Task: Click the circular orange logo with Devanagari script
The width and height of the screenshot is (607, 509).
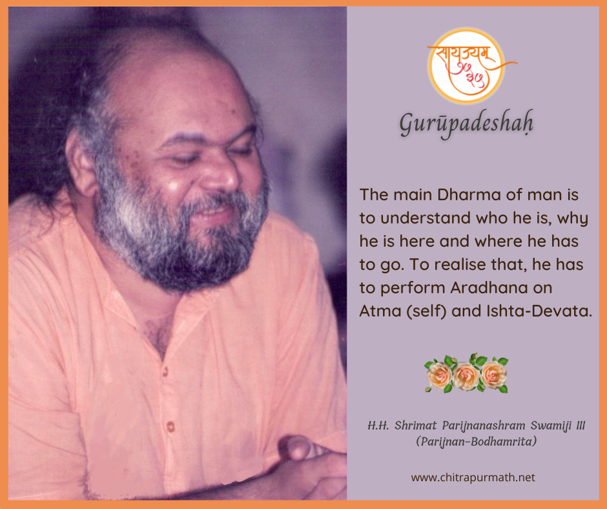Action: click(x=466, y=66)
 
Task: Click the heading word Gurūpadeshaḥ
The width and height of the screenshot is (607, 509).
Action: click(x=466, y=123)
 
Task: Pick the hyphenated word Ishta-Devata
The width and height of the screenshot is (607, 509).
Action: click(x=539, y=311)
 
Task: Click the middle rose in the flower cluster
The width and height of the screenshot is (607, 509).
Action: click(x=466, y=376)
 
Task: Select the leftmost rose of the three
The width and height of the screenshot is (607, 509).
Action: click(x=439, y=375)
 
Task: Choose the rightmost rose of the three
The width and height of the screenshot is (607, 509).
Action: click(x=494, y=374)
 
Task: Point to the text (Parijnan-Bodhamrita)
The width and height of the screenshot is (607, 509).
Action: click(x=476, y=442)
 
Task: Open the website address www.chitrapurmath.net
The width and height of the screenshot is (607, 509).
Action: click(x=473, y=477)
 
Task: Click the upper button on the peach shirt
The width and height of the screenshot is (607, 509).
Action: click(x=165, y=371)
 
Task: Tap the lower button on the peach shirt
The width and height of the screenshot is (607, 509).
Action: click(x=170, y=427)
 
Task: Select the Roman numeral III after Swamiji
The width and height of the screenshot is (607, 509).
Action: click(x=581, y=426)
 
